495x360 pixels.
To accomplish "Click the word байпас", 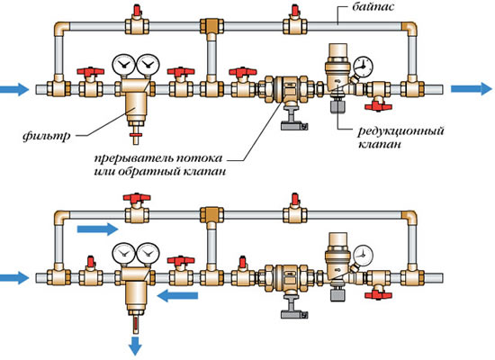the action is pyautogui.click(x=373, y=7).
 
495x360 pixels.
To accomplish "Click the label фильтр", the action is pyautogui.click(x=47, y=136).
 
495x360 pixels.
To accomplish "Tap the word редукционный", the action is pyautogui.click(x=400, y=131).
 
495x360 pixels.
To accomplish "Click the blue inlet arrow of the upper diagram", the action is pyautogui.click(x=14, y=89).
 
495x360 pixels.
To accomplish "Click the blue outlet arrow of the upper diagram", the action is pyautogui.click(x=472, y=89).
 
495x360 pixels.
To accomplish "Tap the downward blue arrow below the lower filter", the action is pyautogui.click(x=135, y=346).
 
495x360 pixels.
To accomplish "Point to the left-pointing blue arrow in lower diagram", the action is pyautogui.click(x=177, y=296).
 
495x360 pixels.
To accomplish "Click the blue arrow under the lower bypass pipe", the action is pyautogui.click(x=97, y=229).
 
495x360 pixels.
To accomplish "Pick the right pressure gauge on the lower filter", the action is pyautogui.click(x=148, y=253).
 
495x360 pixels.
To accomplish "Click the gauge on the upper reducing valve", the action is pyautogui.click(x=363, y=67).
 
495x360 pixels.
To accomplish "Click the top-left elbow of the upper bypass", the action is pyautogui.click(x=62, y=28).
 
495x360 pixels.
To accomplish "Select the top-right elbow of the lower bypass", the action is pyautogui.click(x=409, y=217).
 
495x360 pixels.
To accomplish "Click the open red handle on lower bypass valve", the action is pyautogui.click(x=137, y=198).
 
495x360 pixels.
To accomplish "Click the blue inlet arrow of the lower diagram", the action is pyautogui.click(x=14, y=277).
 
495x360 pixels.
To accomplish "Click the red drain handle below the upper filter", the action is pyautogui.click(x=136, y=136).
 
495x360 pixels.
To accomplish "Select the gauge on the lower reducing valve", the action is pyautogui.click(x=363, y=256).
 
